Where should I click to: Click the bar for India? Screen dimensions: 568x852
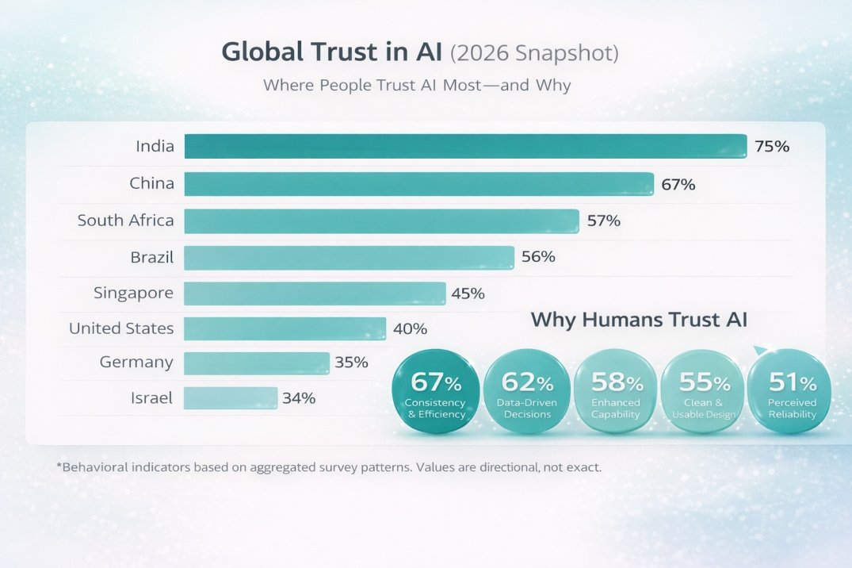pos(465,146)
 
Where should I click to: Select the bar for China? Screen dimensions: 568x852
pos(418,184)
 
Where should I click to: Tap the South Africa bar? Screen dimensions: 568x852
pos(381,221)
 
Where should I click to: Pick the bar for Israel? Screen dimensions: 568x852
pos(231,398)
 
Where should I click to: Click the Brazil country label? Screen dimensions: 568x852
pos(152,257)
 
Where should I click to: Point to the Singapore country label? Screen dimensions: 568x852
pos(133,293)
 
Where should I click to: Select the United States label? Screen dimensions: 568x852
pos(121,328)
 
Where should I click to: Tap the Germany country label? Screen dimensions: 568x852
pos(136,363)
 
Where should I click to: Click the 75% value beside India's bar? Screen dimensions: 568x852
pos(772,146)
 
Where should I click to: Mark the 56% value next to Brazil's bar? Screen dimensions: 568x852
pos(538,257)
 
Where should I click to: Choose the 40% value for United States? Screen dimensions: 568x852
pos(410,328)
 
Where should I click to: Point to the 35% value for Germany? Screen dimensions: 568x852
pos(351,363)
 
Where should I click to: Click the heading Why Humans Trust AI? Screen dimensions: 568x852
pos(639,320)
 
